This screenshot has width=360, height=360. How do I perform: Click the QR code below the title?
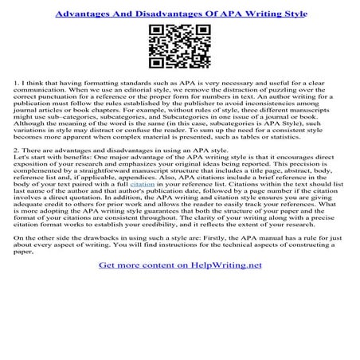point(180,45)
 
